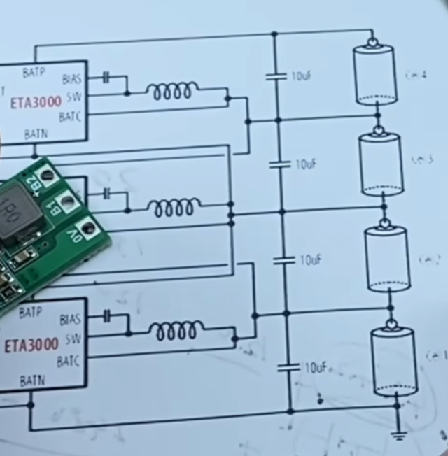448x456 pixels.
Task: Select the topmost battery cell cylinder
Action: point(374,74)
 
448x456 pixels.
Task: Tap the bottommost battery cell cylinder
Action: point(393,362)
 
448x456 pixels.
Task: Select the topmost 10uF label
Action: point(302,76)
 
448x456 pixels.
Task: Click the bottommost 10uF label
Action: point(316,367)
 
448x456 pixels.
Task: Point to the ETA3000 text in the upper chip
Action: point(35,102)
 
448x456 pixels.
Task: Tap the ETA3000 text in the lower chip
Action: point(32,345)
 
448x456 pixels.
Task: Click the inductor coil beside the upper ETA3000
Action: point(171,91)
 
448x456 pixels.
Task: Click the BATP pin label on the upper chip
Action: point(34,72)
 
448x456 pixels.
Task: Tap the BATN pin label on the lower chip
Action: point(33,381)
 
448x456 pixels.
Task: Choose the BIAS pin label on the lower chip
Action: point(70,320)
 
